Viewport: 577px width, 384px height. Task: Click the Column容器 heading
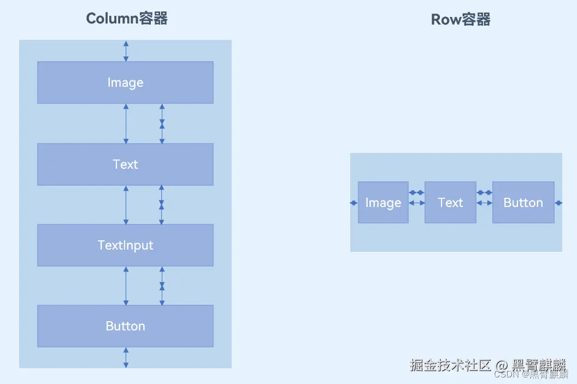[x=127, y=19]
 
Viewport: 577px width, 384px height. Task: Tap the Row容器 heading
[x=461, y=20]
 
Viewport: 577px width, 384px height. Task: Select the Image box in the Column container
[x=125, y=82]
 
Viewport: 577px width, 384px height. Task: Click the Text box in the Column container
[x=125, y=164]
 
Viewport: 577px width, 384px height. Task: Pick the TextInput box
[x=125, y=245]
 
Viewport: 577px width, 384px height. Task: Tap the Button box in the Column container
[x=125, y=326]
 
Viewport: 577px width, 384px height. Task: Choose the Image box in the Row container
[x=383, y=203]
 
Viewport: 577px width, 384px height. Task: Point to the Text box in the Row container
[x=450, y=203]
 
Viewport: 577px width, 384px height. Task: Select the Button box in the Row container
[x=523, y=203]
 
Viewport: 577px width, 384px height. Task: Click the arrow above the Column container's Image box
[x=126, y=51]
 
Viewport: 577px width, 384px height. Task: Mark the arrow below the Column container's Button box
[x=126, y=358]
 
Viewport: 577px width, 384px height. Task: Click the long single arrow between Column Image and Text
[x=126, y=123]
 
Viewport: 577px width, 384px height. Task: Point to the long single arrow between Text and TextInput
[x=126, y=205]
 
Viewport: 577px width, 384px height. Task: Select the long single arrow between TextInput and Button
[x=126, y=286]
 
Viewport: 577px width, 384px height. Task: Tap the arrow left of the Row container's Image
[x=354, y=203]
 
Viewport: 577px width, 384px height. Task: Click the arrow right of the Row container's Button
[x=558, y=203]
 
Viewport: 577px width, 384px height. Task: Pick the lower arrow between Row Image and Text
[x=416, y=203]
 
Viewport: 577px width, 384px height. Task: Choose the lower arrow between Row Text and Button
[x=484, y=203]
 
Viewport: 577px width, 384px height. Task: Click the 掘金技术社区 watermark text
[x=451, y=365]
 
